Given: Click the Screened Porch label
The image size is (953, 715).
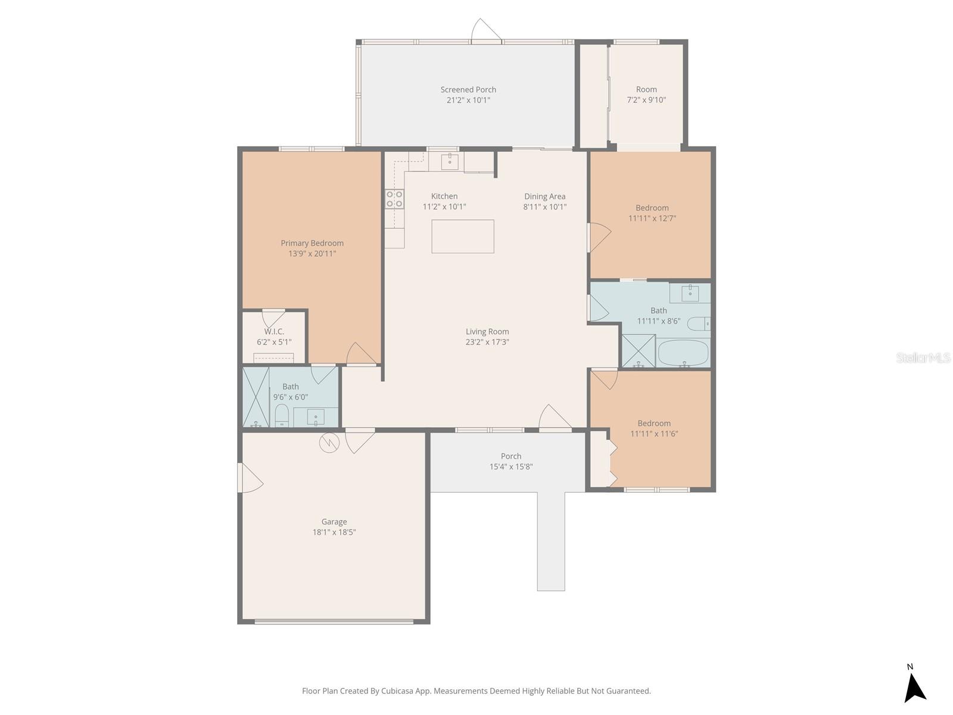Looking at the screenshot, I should pos(468,90).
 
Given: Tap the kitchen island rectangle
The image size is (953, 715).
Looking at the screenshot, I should pos(463,237).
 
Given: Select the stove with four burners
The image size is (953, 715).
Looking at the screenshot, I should pos(394,199).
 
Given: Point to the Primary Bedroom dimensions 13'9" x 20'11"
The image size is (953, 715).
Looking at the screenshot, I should pos(312,254).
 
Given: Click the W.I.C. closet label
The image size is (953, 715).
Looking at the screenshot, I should pos(274,331).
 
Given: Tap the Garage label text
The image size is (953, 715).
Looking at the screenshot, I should pos(334,522).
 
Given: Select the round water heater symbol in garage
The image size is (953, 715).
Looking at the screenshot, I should pos(329,442).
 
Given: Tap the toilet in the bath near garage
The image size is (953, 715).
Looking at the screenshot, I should pos(282,415).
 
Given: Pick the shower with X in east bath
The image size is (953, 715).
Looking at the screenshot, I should pos(638,350).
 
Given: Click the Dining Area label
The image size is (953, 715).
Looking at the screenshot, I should pos(544,197).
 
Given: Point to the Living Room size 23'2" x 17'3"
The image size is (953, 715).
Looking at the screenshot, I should pos(487,343).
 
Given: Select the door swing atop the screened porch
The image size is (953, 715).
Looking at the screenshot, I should pos(485,31).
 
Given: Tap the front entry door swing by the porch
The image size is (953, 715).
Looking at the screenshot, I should pos(555,416).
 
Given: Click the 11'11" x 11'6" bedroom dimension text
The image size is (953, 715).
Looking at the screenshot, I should pos(654,434).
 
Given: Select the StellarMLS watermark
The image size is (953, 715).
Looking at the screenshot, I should pos(923,358).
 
